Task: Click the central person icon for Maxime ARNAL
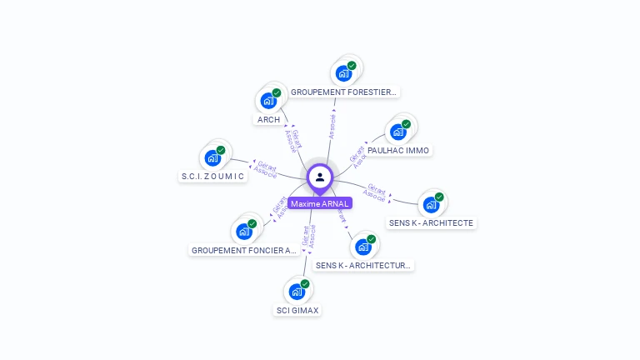(320, 177)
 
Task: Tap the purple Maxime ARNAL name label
(320, 203)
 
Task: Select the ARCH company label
(268, 120)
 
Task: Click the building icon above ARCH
(268, 100)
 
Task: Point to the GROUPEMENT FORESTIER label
(345, 92)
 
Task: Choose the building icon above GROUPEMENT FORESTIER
(343, 72)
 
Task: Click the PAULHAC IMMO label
(398, 151)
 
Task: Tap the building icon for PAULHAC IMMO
(398, 131)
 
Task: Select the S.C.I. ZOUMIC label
(213, 177)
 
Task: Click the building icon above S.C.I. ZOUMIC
(212, 157)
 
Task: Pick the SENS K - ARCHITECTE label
(432, 223)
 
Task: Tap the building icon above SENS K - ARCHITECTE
(431, 203)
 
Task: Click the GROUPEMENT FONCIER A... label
(244, 250)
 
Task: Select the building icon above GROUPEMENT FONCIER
(244, 230)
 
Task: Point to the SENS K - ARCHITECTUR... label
(364, 266)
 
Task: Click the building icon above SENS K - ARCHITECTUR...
(362, 246)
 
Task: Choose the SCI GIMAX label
(297, 311)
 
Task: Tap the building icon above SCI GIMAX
(297, 291)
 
